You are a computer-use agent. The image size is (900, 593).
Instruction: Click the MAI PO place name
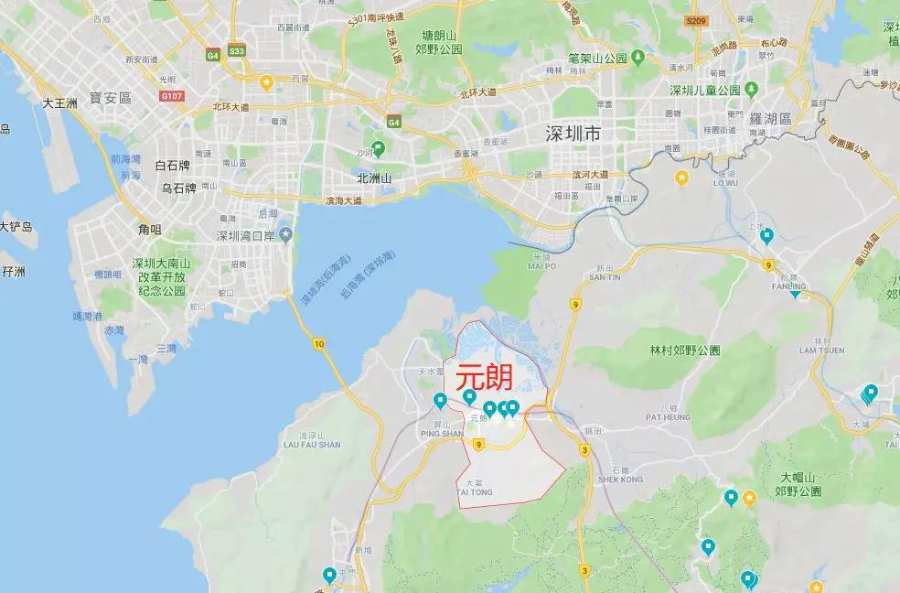click(x=541, y=266)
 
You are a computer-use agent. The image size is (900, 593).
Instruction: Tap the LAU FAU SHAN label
click(x=312, y=444)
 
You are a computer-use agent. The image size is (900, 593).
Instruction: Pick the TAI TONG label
click(x=475, y=492)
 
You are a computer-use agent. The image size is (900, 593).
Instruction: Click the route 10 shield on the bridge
click(x=317, y=343)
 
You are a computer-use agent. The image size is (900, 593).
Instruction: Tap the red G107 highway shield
click(x=171, y=94)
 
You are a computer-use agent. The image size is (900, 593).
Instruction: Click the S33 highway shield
click(x=237, y=51)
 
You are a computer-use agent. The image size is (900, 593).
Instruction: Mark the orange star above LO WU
click(x=680, y=177)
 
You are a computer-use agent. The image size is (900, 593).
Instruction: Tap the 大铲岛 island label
click(x=16, y=226)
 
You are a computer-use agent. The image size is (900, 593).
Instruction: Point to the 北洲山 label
click(x=374, y=178)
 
